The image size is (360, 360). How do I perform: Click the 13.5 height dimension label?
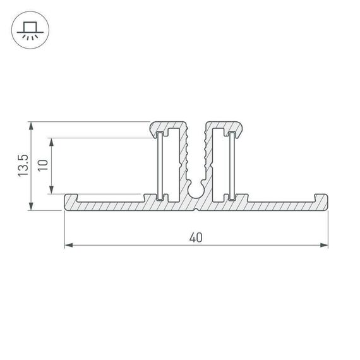23,166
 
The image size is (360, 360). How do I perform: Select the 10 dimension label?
43,166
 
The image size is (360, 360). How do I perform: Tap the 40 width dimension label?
196,237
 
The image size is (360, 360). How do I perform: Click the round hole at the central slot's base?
196,188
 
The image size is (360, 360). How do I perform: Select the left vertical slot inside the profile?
161,165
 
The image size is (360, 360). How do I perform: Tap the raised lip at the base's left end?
71,198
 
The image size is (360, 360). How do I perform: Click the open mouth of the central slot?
196,126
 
